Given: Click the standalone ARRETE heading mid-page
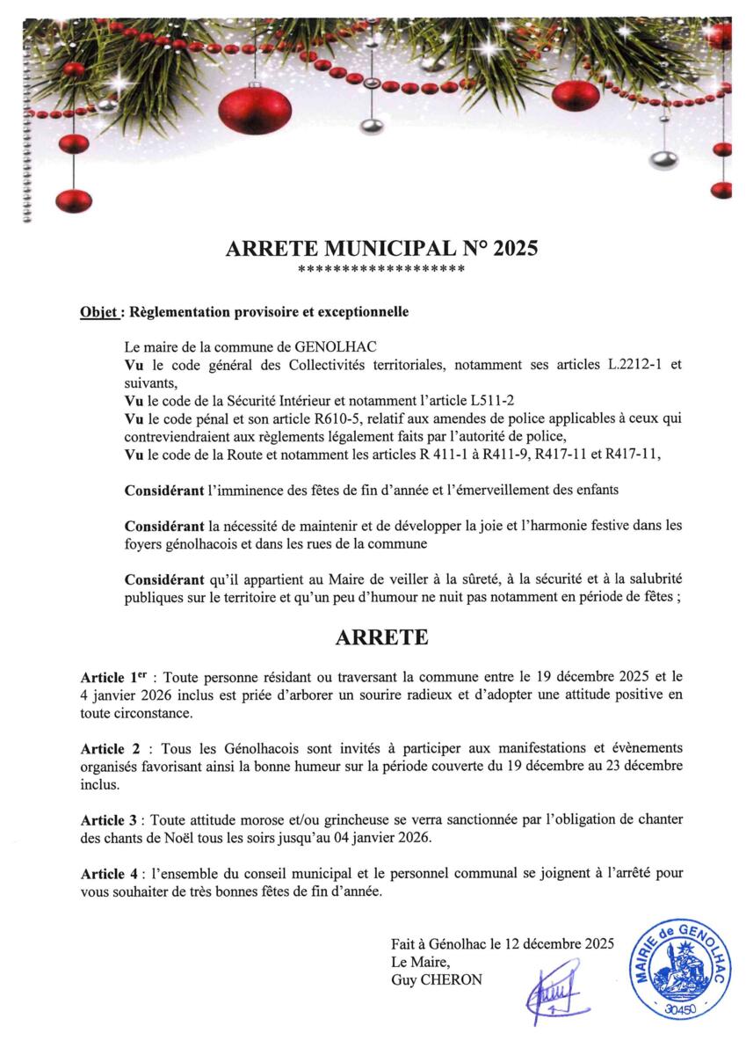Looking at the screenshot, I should pyautogui.click(x=381, y=637).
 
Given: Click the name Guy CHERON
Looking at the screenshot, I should pyautogui.click(x=437, y=979).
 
